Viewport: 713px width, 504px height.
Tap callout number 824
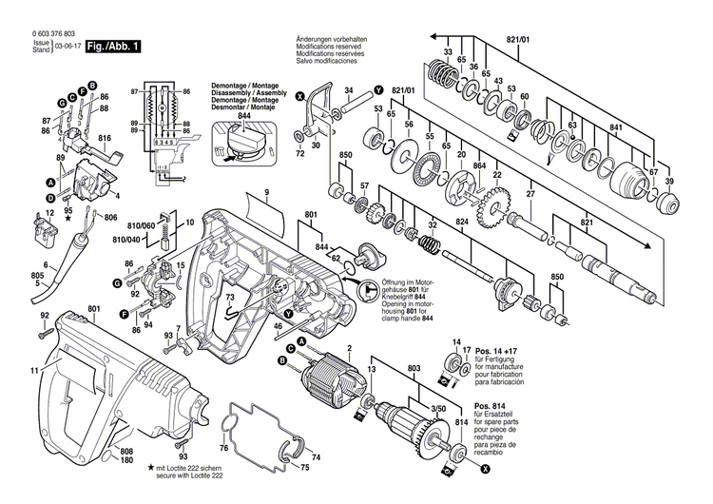tap(462, 223)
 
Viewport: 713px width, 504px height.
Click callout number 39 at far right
tap(669, 182)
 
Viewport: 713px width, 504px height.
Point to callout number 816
tap(105, 138)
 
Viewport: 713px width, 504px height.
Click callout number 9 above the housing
tap(268, 195)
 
